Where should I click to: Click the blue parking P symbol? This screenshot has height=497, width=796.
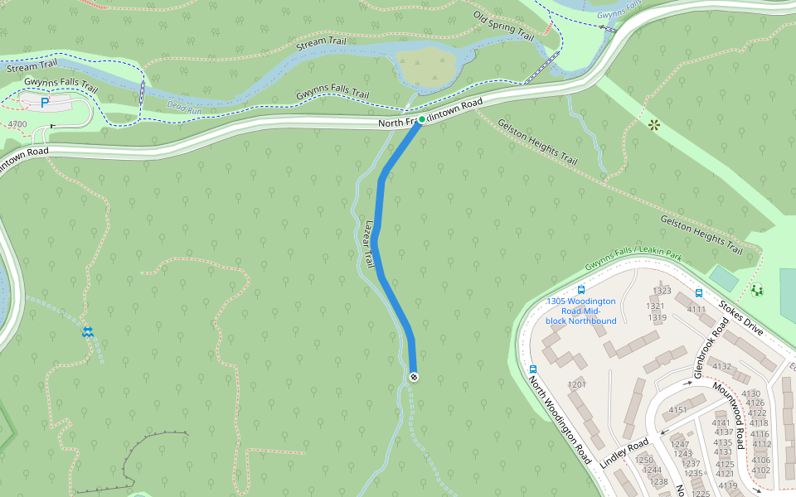click(x=45, y=104)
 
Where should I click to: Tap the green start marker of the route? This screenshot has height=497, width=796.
click(x=421, y=120)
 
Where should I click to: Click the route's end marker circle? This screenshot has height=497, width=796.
click(x=414, y=378)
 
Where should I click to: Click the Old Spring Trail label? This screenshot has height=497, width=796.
click(x=503, y=26)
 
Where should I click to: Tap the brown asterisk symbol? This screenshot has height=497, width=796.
click(x=654, y=125)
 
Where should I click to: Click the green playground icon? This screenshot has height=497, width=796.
click(x=757, y=289)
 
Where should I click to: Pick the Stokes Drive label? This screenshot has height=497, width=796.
click(x=741, y=318)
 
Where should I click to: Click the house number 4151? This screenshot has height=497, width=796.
click(x=678, y=410)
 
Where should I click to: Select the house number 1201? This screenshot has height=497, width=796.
click(x=577, y=384)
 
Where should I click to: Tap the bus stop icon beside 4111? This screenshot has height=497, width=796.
click(x=699, y=293)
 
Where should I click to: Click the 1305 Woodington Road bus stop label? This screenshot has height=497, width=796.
click(x=580, y=311)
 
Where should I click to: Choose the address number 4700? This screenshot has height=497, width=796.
click(x=17, y=124)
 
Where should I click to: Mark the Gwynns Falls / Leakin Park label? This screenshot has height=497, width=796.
click(x=633, y=258)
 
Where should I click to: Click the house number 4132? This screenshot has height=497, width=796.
click(x=721, y=366)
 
